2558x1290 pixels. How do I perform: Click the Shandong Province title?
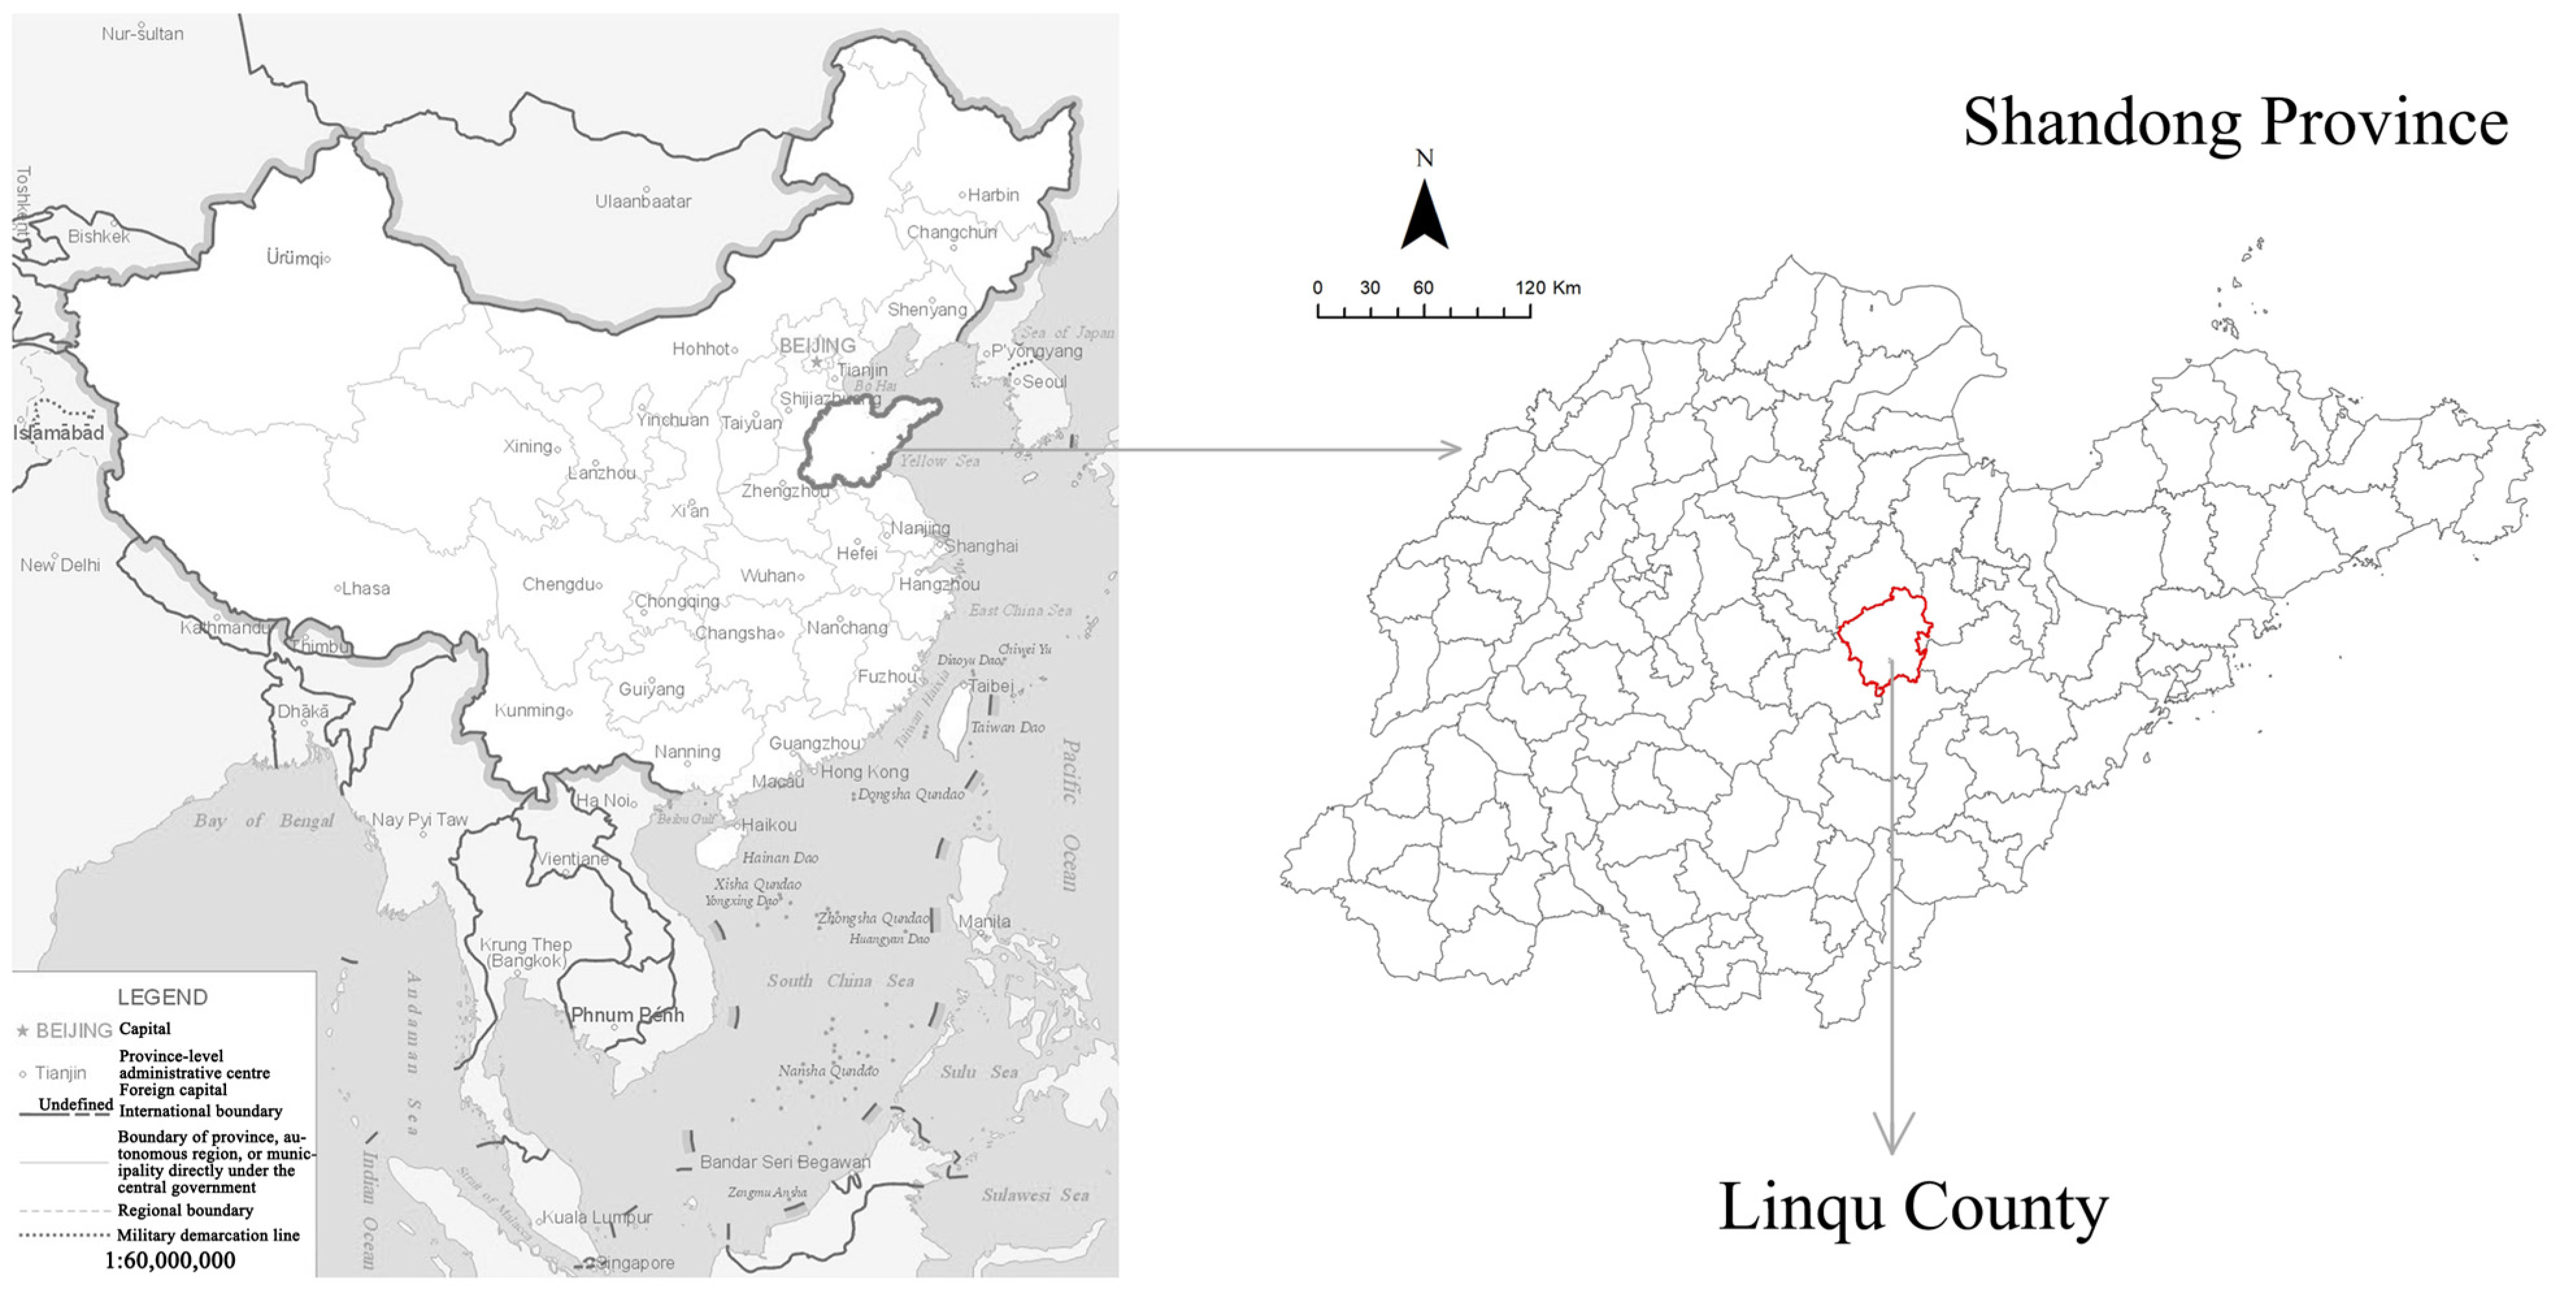tap(2235, 124)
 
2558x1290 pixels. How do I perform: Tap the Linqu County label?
tap(1912, 1208)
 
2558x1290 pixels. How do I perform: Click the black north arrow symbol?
tap(1424, 216)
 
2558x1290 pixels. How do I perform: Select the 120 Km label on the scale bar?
tap(1547, 288)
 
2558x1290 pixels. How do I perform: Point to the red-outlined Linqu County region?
tap(1884, 638)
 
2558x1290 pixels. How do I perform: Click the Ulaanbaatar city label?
tap(642, 201)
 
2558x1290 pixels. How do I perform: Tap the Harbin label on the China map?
tap(993, 196)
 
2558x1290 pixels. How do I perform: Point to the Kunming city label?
tap(531, 711)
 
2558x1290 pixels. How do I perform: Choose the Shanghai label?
tap(981, 546)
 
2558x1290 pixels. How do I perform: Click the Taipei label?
tap(991, 686)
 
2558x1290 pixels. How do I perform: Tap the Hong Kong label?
tap(864, 772)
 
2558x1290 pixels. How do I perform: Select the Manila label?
tap(984, 922)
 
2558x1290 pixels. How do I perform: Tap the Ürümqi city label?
tap(294, 259)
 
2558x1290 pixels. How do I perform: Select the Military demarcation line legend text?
tap(208, 1235)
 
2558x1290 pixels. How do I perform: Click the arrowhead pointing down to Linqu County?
tap(1892, 1135)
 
